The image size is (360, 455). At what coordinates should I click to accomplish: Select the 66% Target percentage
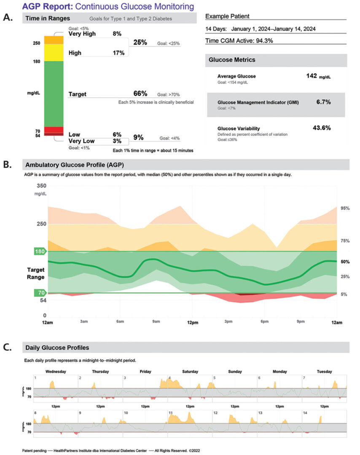(140, 93)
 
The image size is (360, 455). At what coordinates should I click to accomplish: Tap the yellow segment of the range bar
(54, 52)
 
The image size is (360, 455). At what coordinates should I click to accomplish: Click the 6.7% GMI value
(323, 102)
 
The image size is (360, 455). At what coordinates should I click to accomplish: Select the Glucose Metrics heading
(232, 60)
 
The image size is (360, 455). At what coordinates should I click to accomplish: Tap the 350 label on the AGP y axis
(41, 186)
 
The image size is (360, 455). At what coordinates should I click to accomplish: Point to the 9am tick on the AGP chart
(156, 322)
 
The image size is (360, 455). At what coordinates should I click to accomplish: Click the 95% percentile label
(345, 209)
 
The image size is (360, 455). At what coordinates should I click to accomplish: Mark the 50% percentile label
(345, 262)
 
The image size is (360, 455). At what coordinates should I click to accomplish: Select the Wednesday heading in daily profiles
(55, 372)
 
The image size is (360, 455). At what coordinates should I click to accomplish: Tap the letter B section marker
(7, 164)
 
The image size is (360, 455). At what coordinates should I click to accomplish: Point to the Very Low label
(82, 141)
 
